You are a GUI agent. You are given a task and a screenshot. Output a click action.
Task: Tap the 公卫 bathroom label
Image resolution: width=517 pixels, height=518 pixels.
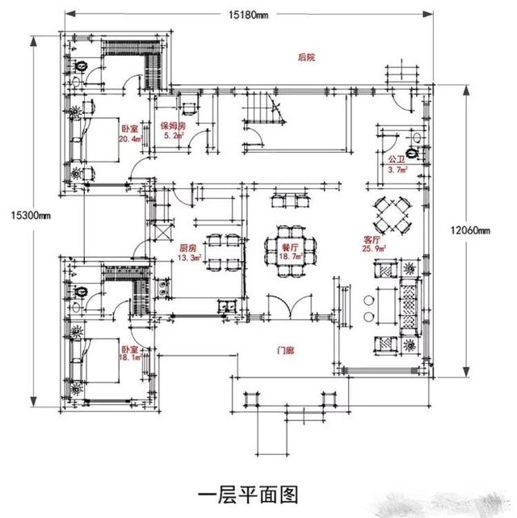click(x=395, y=160)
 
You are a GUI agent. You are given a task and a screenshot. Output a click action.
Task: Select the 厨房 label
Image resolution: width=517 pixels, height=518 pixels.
click(x=187, y=248)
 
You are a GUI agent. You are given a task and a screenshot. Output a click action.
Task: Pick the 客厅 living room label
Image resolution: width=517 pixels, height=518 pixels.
click(x=372, y=240)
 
